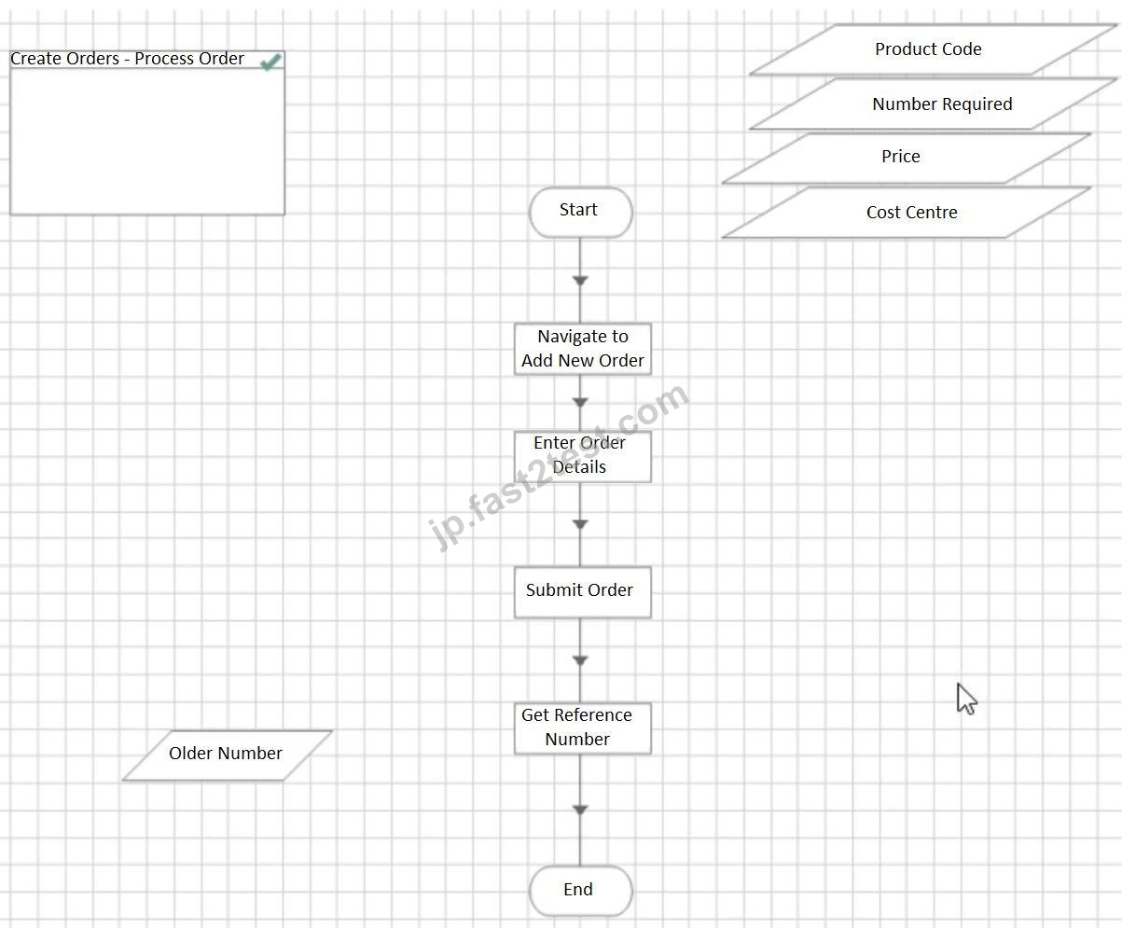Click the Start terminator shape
(x=580, y=213)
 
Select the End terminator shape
(x=580, y=891)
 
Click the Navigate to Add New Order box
(x=583, y=349)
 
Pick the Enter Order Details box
(x=583, y=457)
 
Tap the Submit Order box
(x=583, y=592)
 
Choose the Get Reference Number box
(x=583, y=728)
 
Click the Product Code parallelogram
(x=933, y=49)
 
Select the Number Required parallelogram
(x=933, y=104)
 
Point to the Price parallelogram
(x=906, y=158)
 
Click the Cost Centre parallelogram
(x=906, y=213)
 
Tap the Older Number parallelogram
(x=228, y=755)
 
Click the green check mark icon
(x=270, y=62)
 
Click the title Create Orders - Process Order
(x=127, y=59)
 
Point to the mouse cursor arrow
(x=966, y=699)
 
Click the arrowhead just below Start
(x=580, y=281)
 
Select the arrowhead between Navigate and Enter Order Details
(x=580, y=402)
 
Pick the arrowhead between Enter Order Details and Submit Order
(x=580, y=524)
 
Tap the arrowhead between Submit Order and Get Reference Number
(x=580, y=660)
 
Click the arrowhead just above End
(x=580, y=810)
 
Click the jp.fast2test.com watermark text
(x=559, y=466)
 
